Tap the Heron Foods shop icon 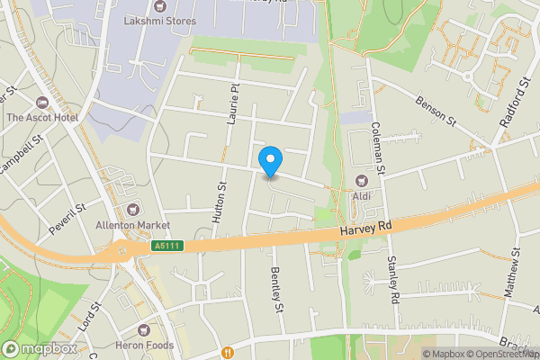[144, 329]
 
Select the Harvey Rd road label [366, 230]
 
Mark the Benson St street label [437, 112]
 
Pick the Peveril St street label [67, 219]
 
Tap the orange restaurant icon [228, 352]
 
